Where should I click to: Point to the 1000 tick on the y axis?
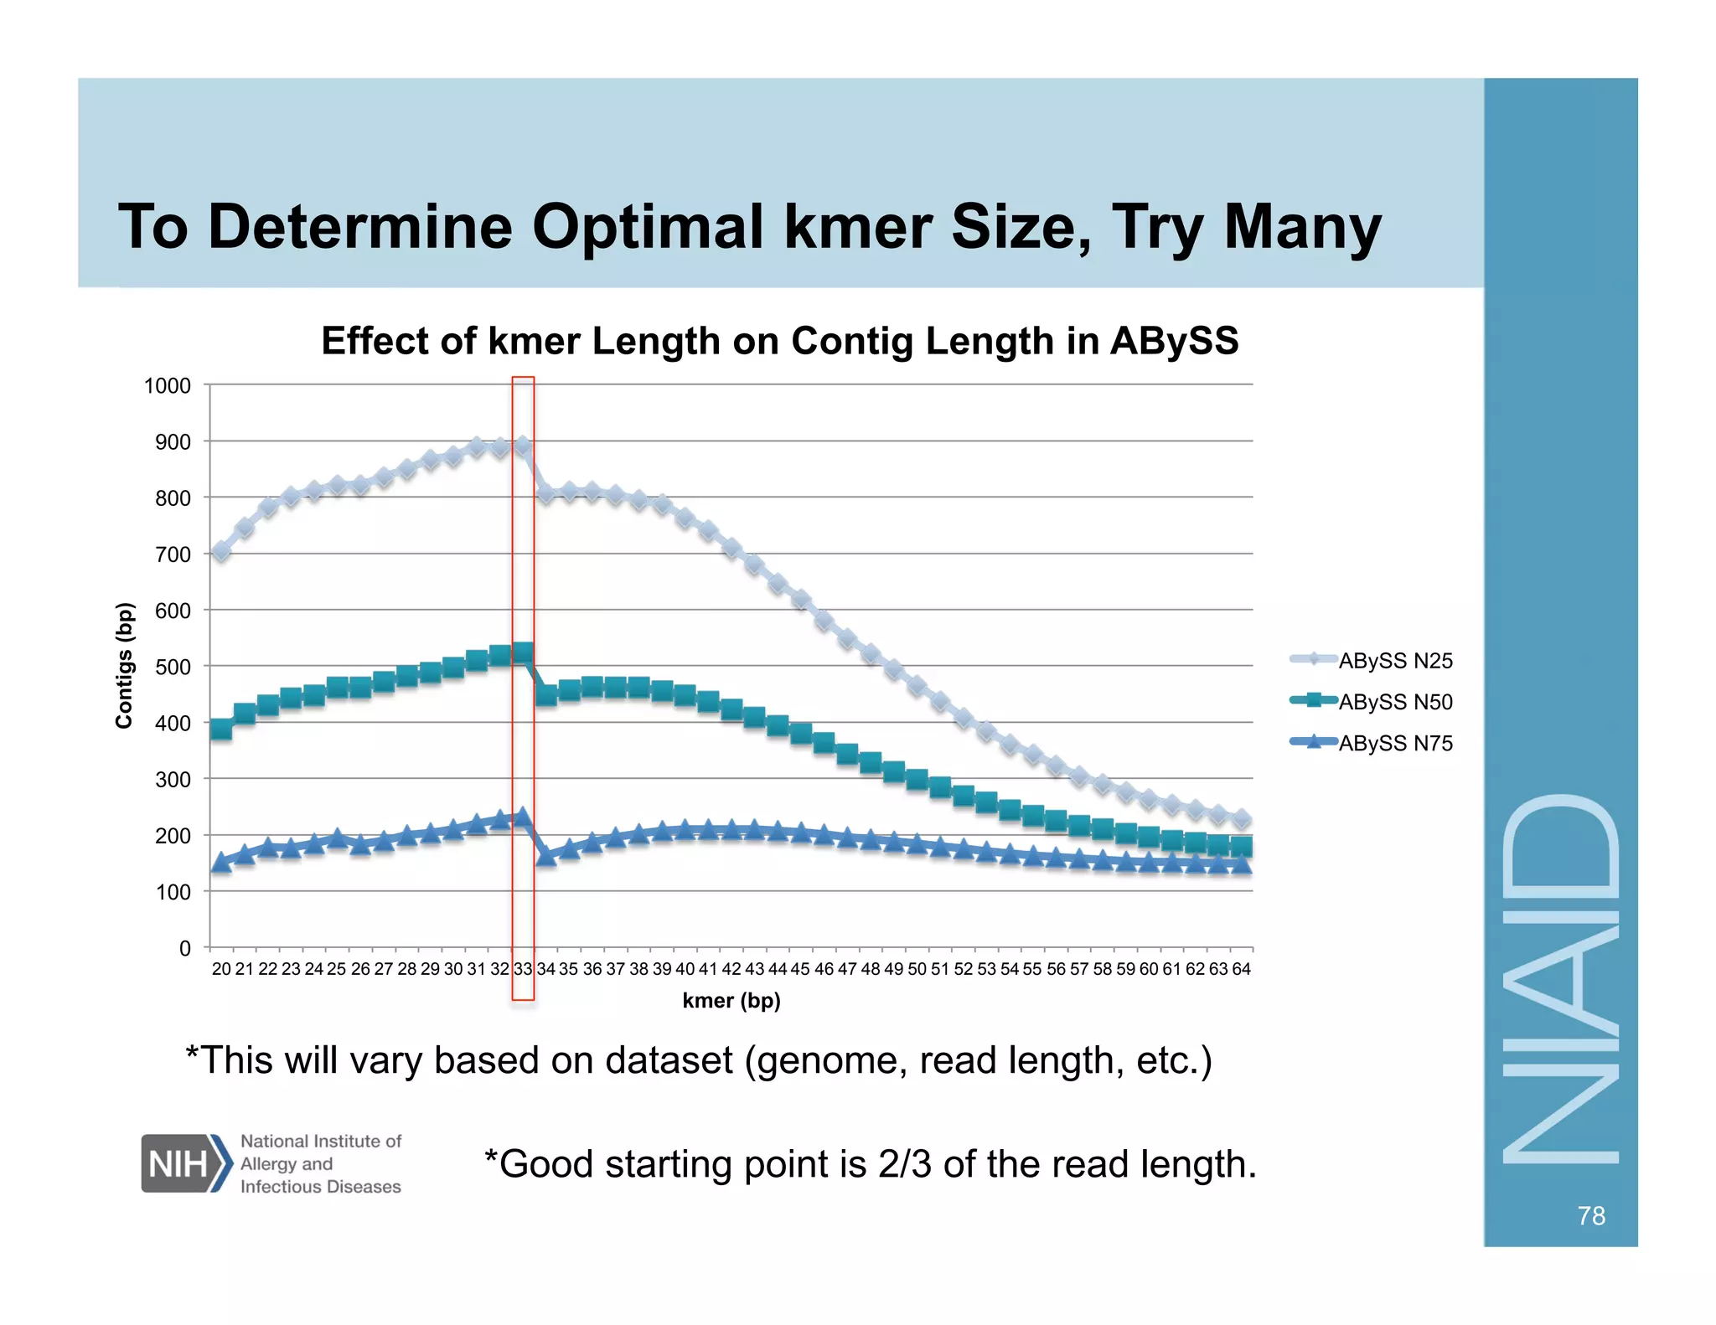[x=168, y=386]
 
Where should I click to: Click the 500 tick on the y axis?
[x=173, y=668]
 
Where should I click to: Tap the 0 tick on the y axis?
[x=185, y=949]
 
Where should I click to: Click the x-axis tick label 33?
[x=523, y=969]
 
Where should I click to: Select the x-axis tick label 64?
[x=1241, y=969]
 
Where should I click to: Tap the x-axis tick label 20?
[x=221, y=969]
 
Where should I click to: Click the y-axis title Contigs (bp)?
[x=124, y=666]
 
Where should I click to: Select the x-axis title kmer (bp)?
[x=731, y=1001]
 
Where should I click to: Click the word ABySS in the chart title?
[x=1174, y=342]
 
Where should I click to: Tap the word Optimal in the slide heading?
[x=648, y=227]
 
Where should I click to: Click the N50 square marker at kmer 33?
[x=523, y=652]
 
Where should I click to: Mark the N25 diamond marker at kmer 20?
[x=221, y=551]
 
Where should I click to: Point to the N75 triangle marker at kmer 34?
[x=545, y=855]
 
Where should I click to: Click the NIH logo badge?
[x=185, y=1163]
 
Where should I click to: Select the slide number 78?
[x=1590, y=1215]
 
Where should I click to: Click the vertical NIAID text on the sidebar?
[x=1561, y=980]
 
